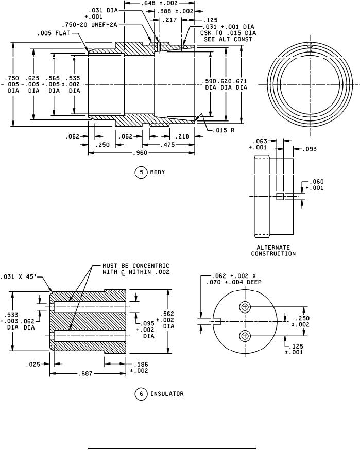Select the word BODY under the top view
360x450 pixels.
pos(157,171)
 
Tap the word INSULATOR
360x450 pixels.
pos(167,394)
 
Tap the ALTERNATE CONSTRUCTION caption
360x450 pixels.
pos(273,250)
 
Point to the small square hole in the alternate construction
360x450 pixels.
pos(280,196)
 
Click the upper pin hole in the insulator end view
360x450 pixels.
pos(245,307)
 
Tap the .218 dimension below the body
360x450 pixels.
pos(182,136)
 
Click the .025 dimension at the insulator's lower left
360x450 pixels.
pos(34,365)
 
